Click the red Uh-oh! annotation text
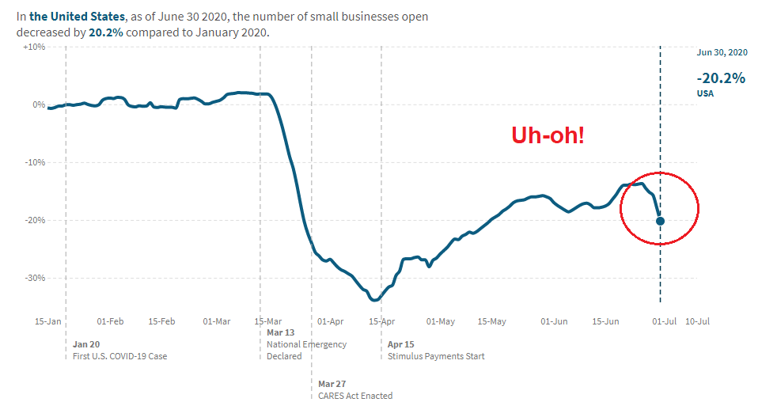[x=548, y=135]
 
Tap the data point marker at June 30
[x=661, y=221]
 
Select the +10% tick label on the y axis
[x=33, y=47]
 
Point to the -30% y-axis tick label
[x=33, y=278]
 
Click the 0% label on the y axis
[x=38, y=104]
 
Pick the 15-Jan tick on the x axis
[x=47, y=321]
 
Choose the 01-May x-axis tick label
[x=440, y=321]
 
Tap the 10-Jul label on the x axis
[x=696, y=321]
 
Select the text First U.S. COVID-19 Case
[x=119, y=356]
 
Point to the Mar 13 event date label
[x=280, y=332]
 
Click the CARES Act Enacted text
[x=355, y=396]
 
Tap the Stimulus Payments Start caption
[x=436, y=356]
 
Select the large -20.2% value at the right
[x=720, y=78]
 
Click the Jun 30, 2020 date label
[x=722, y=52]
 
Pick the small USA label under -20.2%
[x=706, y=93]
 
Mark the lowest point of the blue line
[x=374, y=300]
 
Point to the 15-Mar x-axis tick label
[x=268, y=321]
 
